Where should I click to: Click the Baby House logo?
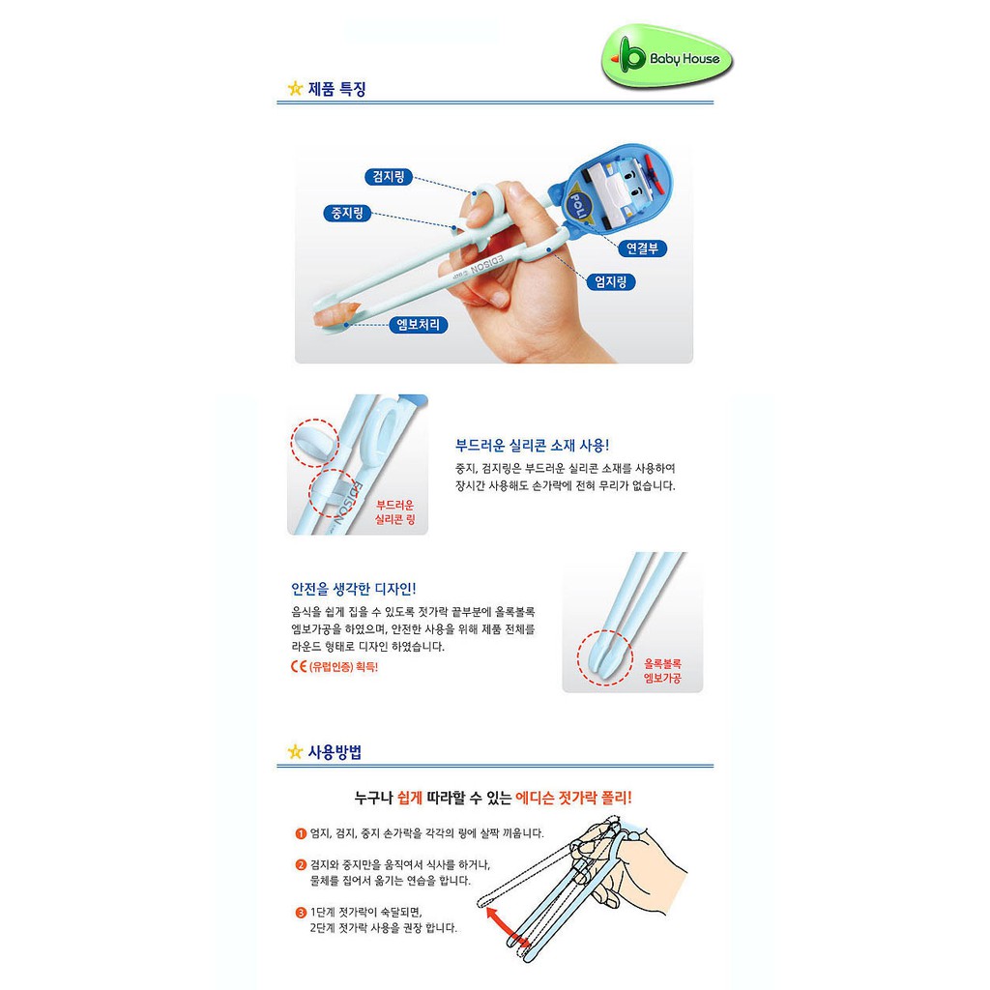click(667, 58)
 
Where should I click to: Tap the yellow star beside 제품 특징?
click(295, 88)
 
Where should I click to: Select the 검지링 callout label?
click(389, 177)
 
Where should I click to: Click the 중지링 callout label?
click(347, 214)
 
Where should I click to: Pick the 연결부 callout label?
click(642, 248)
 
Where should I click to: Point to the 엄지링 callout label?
click(611, 281)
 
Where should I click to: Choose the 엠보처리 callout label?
click(418, 325)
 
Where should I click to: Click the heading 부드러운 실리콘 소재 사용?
click(533, 446)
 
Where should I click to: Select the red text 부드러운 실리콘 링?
click(395, 512)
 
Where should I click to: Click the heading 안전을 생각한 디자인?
click(354, 589)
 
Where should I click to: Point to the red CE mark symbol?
click(299, 667)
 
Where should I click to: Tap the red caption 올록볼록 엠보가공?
click(662, 671)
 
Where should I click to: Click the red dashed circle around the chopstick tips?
click(604, 657)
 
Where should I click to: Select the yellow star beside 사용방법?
click(295, 752)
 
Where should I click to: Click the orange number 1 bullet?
click(302, 834)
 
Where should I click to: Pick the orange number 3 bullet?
click(302, 913)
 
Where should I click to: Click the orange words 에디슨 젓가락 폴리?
click(573, 798)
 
